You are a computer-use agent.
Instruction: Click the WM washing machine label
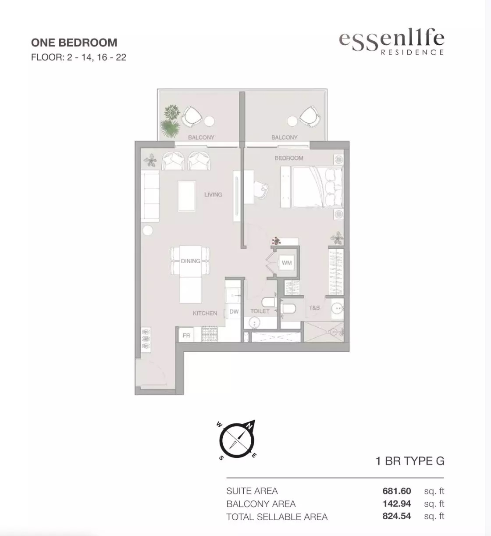pos(287,263)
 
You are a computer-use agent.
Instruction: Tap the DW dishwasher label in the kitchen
pos(234,311)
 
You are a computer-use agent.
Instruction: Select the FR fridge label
pos(186,336)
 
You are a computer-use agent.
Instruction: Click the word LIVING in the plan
pos(213,194)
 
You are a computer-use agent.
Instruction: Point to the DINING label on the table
pos(190,261)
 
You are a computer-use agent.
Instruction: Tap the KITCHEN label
pos(205,313)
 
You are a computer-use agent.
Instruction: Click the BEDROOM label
pos(289,158)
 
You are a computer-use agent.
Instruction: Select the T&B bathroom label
pos(314,308)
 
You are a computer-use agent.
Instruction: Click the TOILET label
pos(260,311)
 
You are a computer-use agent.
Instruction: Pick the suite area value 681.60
pos(397,491)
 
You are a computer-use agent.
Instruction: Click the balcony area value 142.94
pos(397,504)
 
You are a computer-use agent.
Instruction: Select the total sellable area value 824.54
pos(397,516)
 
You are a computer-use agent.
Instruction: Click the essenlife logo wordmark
pos(391,42)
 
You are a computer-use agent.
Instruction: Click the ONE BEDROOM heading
pos(74,43)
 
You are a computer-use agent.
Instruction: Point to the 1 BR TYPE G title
pos(410,461)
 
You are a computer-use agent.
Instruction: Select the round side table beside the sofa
pos(148,229)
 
